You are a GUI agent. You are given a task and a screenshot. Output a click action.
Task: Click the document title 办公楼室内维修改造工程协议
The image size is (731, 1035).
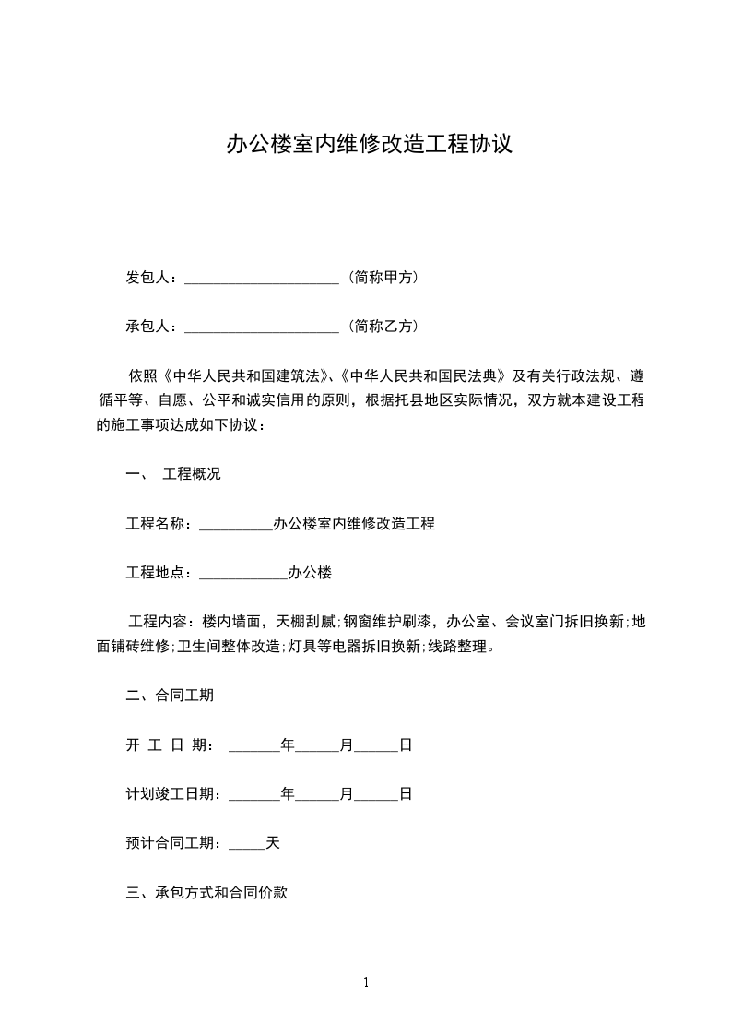coord(369,145)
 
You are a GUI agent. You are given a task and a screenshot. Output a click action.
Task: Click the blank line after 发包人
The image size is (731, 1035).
coord(263,278)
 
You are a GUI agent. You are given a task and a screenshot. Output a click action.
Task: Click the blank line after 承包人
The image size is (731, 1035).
coord(263,327)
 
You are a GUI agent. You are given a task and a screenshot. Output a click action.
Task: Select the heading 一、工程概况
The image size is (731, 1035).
coord(173,475)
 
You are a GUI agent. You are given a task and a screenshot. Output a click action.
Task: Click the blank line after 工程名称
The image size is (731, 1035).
coord(236,525)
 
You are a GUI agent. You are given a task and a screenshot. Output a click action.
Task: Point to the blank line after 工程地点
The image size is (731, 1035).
coord(243,574)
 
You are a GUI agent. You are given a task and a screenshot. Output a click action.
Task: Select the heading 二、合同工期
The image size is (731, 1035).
coord(170,696)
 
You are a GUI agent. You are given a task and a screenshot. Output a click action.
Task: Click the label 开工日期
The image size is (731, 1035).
coord(170,744)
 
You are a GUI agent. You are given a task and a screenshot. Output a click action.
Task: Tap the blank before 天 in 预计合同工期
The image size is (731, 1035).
coord(246,843)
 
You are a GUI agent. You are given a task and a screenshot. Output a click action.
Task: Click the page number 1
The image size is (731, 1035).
coord(366,982)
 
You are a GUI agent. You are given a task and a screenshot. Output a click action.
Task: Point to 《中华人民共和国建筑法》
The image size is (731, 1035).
coord(246,375)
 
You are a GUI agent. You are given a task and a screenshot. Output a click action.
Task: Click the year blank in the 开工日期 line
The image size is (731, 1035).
coord(253,745)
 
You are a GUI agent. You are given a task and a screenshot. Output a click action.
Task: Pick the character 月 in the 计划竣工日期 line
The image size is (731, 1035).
coord(347,793)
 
